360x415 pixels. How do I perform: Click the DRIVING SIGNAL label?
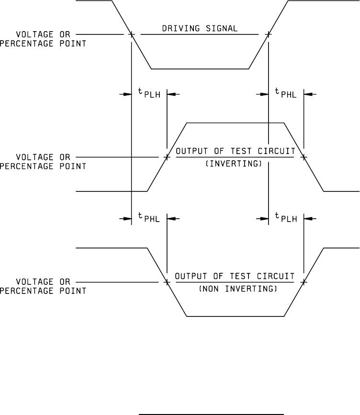200,29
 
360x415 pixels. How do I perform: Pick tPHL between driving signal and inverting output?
286,94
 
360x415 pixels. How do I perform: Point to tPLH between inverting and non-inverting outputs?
286,218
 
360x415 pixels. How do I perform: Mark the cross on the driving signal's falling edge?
131,34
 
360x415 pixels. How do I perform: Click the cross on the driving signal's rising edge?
269,34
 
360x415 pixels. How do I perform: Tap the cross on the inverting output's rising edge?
167,157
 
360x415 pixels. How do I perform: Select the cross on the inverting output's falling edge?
304,157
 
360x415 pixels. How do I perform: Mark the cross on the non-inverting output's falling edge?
167,282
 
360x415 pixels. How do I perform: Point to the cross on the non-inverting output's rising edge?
304,282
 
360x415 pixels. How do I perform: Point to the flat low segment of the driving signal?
200,69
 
